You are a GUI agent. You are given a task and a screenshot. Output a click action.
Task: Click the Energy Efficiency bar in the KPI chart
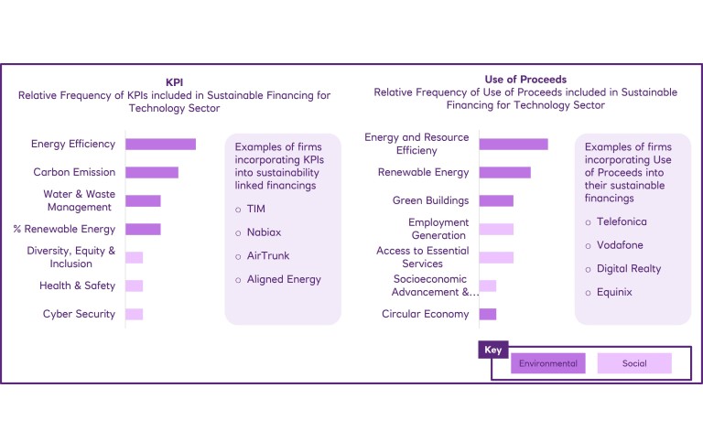(160, 144)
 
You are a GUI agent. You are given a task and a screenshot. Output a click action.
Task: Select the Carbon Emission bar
(151, 172)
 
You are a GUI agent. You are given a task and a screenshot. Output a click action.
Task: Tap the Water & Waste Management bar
(143, 200)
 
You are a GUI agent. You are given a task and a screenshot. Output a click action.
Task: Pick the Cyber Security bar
(134, 314)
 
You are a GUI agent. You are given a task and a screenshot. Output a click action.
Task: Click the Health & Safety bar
(134, 286)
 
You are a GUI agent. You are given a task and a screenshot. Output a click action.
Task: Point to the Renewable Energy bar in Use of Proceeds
(504, 172)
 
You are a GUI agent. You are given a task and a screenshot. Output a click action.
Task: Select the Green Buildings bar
(496, 200)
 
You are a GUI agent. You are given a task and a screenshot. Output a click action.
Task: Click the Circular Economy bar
(487, 314)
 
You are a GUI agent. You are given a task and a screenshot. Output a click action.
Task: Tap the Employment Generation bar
(496, 229)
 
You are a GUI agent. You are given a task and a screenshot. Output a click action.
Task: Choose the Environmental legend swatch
(548, 363)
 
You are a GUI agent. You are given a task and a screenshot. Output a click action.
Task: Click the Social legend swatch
(634, 363)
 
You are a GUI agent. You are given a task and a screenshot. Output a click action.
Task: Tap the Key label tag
(492, 350)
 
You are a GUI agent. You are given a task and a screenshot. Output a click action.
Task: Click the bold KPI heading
(174, 81)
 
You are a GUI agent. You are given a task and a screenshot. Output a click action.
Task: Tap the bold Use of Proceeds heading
(525, 80)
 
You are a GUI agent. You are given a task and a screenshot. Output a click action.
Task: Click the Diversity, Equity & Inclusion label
(71, 257)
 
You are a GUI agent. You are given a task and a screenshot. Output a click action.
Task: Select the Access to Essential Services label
(422, 257)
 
